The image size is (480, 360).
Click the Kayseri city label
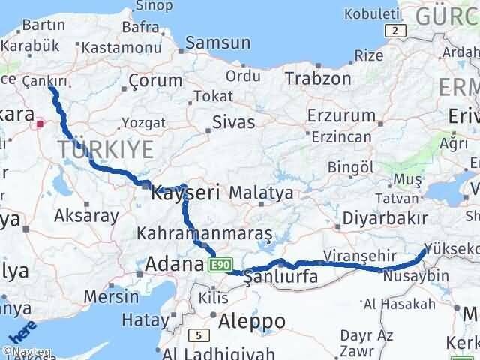[185, 193]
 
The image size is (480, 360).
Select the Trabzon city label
[318, 78]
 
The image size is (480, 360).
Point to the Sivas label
[233, 122]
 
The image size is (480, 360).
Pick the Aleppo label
[252, 321]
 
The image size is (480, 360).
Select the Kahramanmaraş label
[204, 233]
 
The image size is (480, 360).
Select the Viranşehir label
[358, 256]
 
